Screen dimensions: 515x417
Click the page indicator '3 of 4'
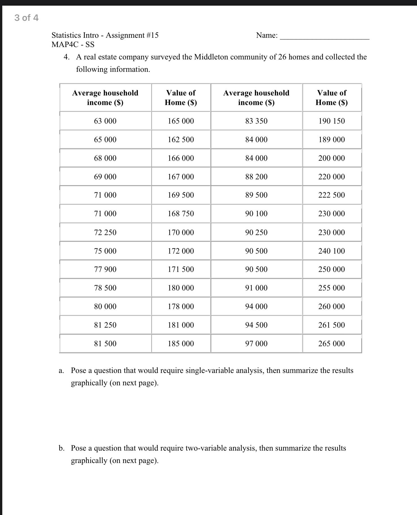(x=26, y=18)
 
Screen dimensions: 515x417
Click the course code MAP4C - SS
(x=73, y=44)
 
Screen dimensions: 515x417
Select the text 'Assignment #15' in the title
(x=132, y=35)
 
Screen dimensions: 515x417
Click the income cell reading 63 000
(x=105, y=121)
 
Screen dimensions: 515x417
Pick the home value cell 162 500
(x=181, y=140)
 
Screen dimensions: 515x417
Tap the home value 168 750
(x=181, y=214)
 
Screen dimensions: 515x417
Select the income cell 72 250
(x=105, y=232)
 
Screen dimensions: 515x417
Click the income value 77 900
(x=105, y=269)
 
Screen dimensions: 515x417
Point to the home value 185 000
(x=181, y=344)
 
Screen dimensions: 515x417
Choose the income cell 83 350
(x=256, y=121)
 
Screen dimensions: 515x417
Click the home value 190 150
(x=331, y=121)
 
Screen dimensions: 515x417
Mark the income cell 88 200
(x=256, y=177)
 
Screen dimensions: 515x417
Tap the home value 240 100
(x=331, y=251)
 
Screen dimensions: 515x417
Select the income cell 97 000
(x=256, y=344)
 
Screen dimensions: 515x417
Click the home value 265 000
(x=331, y=344)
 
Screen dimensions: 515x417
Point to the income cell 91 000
(x=256, y=288)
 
